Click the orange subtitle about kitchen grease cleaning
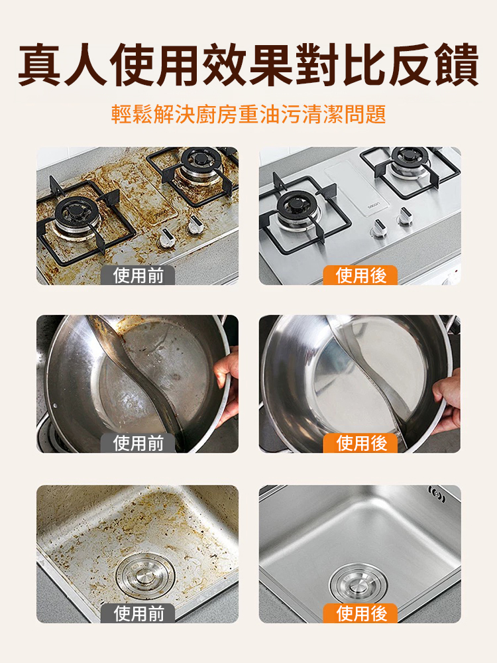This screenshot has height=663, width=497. point(248,114)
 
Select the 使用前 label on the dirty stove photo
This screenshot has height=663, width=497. point(138,275)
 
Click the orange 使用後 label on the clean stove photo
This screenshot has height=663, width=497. point(360,275)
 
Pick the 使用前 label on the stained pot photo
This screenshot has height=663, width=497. point(138,443)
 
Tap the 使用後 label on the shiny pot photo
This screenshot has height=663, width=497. point(360,443)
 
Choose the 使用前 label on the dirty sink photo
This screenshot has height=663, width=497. point(138,613)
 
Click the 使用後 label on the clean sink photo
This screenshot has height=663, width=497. point(360,613)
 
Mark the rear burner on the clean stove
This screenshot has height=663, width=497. point(411,159)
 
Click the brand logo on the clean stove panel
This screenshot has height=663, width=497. point(374,207)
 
